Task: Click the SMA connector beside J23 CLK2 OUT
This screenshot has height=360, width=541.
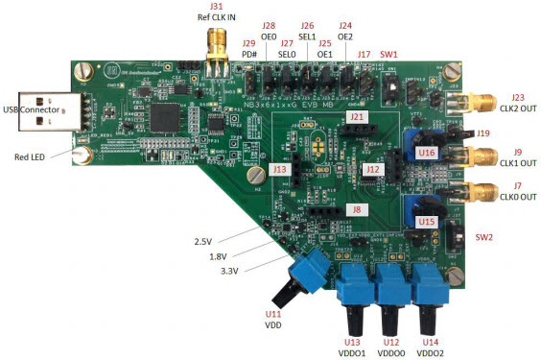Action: click(483, 103)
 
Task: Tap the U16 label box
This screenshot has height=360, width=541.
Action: click(428, 152)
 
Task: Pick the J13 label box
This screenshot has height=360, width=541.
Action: click(279, 169)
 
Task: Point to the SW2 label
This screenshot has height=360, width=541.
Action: click(485, 236)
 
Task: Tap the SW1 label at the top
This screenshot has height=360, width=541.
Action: click(389, 55)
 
